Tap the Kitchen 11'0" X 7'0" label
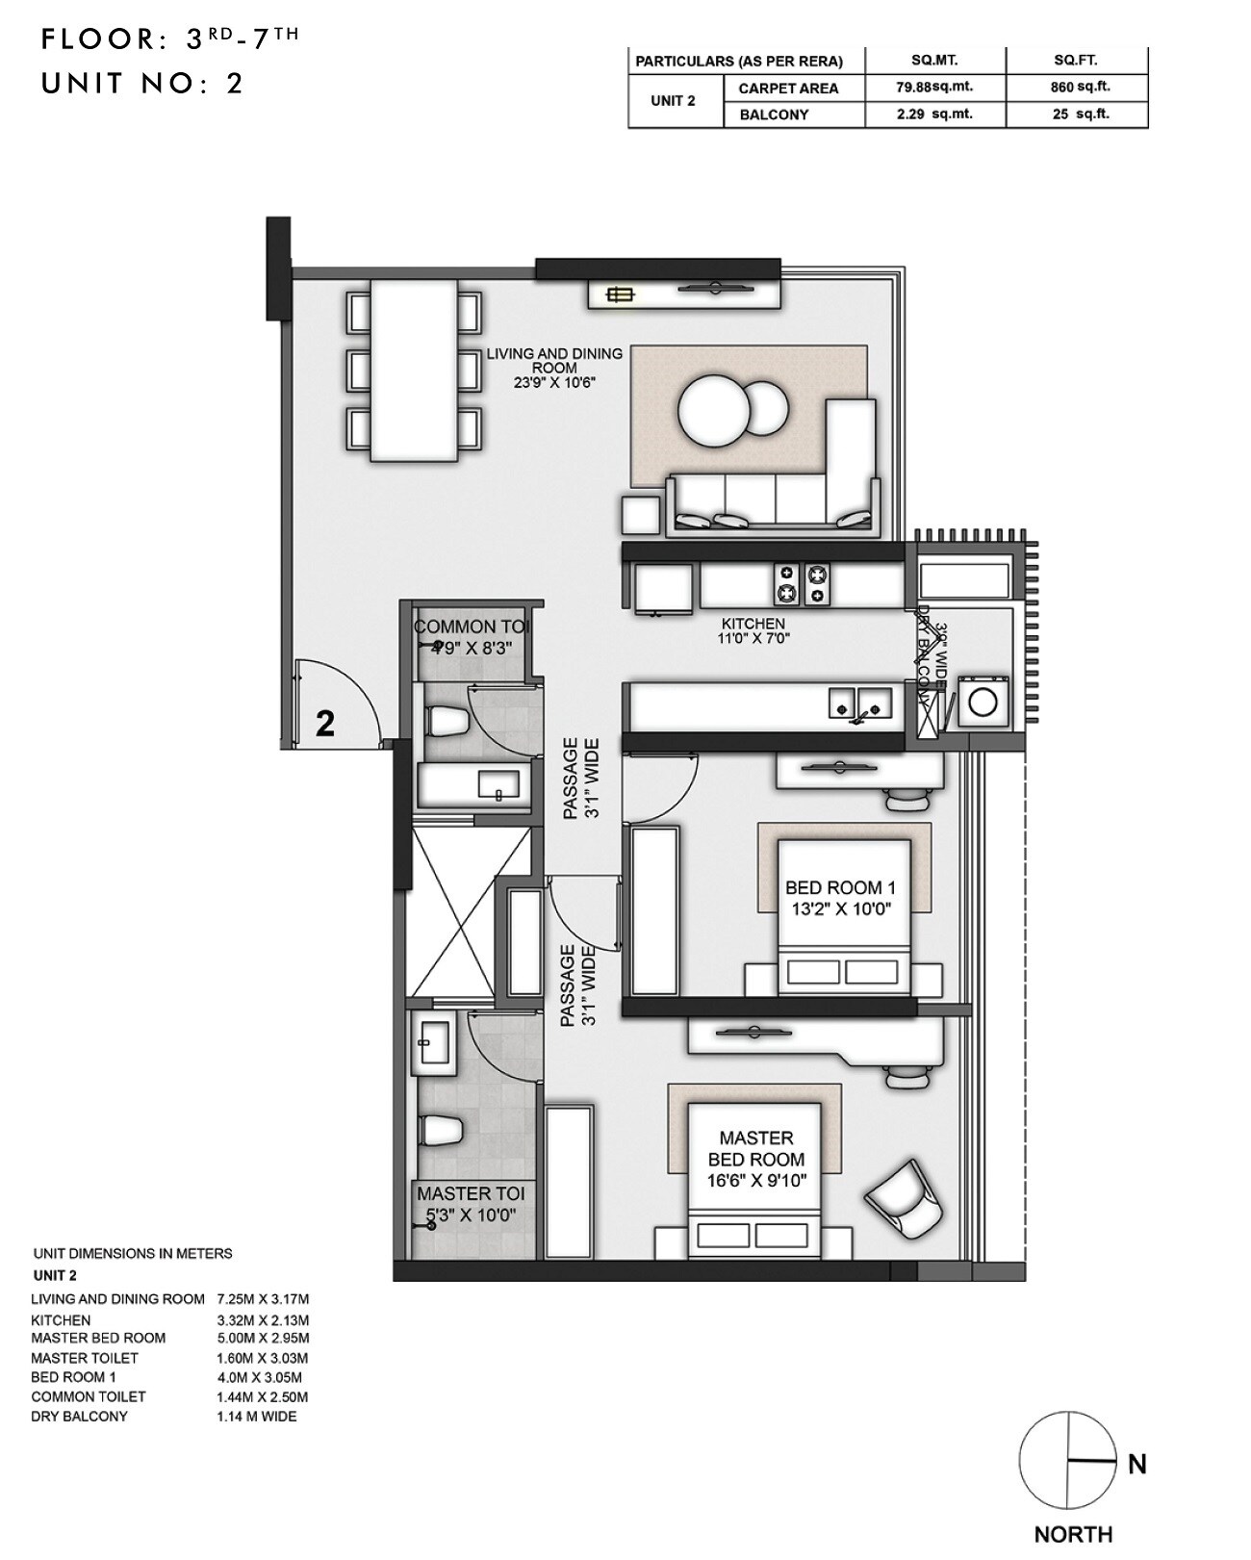[753, 630]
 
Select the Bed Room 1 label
[840, 898]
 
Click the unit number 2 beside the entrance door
[325, 724]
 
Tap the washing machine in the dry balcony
[983, 701]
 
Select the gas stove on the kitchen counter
[803, 583]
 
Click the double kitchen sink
[860, 703]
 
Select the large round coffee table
[713, 410]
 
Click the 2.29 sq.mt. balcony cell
[934, 114]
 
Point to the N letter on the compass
[1136, 1464]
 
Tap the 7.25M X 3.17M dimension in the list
[263, 1299]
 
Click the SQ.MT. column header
[934, 61]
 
